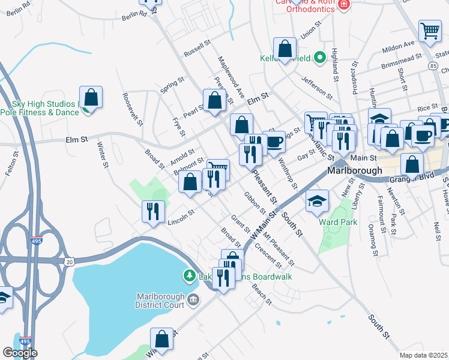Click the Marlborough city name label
(355, 170)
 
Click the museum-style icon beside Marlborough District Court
(193, 299)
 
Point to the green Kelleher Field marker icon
(320, 58)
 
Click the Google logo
(20, 353)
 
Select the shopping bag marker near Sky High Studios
(91, 97)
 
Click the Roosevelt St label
(132, 109)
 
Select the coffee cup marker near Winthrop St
(274, 142)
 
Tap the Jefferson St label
(317, 87)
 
